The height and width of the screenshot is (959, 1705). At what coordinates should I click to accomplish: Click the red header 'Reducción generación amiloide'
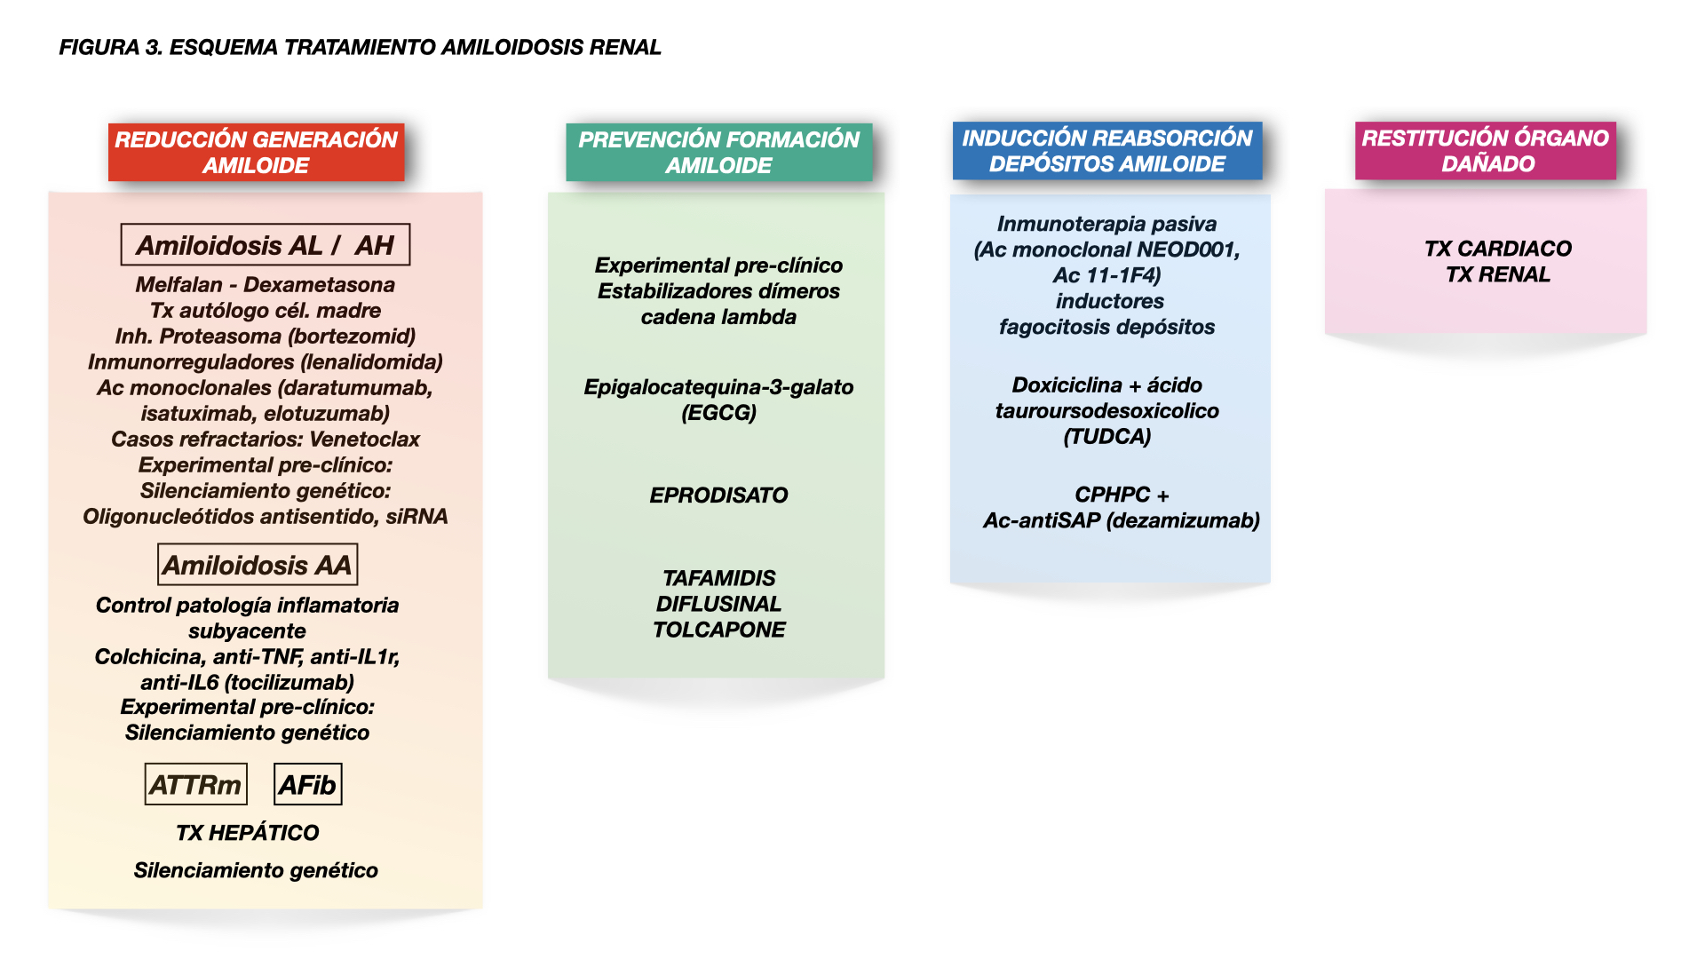click(x=256, y=152)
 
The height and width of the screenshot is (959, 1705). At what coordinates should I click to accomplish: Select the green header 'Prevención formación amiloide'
click(x=718, y=152)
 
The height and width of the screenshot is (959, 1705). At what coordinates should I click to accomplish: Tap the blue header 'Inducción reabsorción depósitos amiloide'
click(x=1106, y=151)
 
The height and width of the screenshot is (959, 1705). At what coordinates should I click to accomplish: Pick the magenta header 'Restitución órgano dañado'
click(x=1485, y=151)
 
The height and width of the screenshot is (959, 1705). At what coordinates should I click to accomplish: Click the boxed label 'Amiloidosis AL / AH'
click(x=265, y=245)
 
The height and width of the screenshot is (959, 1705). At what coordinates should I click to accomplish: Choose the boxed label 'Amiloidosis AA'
click(x=257, y=565)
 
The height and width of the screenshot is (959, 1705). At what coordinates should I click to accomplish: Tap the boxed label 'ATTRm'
click(x=195, y=785)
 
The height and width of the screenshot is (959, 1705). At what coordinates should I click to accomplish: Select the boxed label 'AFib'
click(x=307, y=785)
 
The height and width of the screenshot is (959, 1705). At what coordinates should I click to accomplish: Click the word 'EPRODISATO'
click(x=718, y=495)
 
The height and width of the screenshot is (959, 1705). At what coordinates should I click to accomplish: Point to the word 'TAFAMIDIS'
click(x=718, y=578)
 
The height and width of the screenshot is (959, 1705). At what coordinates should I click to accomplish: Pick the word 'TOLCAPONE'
click(x=718, y=630)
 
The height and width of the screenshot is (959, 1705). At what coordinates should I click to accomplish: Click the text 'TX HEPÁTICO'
click(x=247, y=833)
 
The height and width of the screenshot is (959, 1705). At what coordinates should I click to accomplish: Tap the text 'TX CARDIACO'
click(x=1497, y=249)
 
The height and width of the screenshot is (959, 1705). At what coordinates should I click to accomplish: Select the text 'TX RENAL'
click(x=1497, y=274)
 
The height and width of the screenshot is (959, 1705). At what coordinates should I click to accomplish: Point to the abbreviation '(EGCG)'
click(x=718, y=413)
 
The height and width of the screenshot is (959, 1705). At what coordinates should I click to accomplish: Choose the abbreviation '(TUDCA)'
click(x=1106, y=437)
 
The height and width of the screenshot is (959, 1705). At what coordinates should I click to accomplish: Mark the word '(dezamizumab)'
click(x=1183, y=520)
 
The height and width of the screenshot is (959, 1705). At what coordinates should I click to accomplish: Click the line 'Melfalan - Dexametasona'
click(x=265, y=285)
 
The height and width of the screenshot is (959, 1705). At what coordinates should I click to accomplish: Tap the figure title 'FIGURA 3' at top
click(x=110, y=47)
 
